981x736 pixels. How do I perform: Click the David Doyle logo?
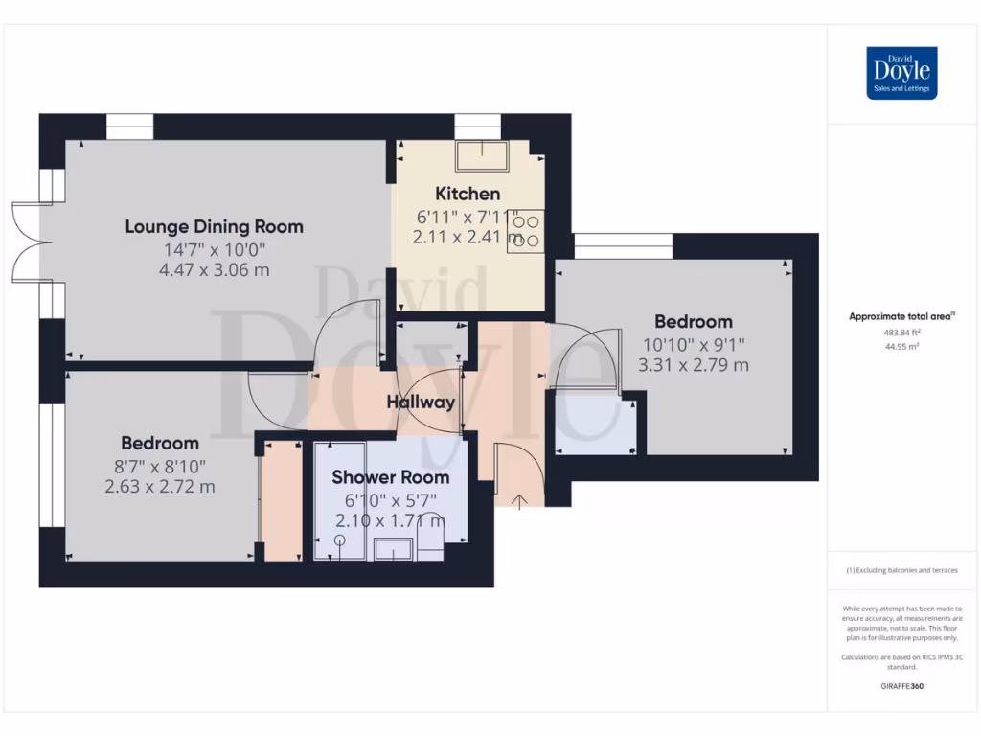point(901,73)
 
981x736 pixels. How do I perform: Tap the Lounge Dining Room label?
point(214,227)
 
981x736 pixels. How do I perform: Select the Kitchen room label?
point(468,194)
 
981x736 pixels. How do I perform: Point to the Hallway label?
point(421,402)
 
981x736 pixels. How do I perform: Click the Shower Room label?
point(390,477)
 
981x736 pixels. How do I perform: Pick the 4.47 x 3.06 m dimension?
point(214,270)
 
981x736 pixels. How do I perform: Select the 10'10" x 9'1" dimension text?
point(693,343)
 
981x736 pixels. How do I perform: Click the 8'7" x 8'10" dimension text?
point(160,466)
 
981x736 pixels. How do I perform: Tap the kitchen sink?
point(482,155)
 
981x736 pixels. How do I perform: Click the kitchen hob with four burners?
point(526,231)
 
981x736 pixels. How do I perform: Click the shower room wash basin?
point(393,548)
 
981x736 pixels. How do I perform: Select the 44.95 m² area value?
point(901,347)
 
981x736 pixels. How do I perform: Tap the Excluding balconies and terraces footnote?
point(901,570)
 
